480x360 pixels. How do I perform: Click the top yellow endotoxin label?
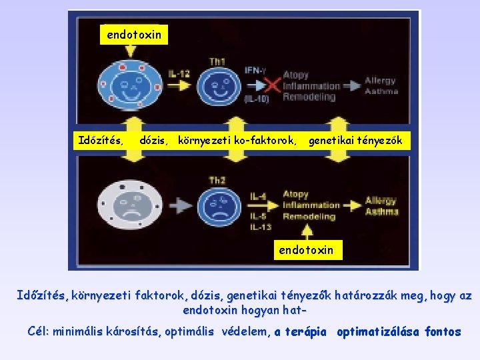click(134, 35)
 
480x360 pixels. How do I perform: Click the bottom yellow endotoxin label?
click(307, 250)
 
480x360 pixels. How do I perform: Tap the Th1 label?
click(217, 61)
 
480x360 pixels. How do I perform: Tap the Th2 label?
click(217, 180)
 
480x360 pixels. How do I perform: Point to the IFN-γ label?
click(255, 70)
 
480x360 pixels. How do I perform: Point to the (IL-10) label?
click(255, 99)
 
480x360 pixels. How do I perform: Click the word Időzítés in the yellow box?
click(100, 141)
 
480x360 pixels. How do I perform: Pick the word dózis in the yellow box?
click(153, 141)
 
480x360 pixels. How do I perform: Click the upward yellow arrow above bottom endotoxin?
click(307, 231)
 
